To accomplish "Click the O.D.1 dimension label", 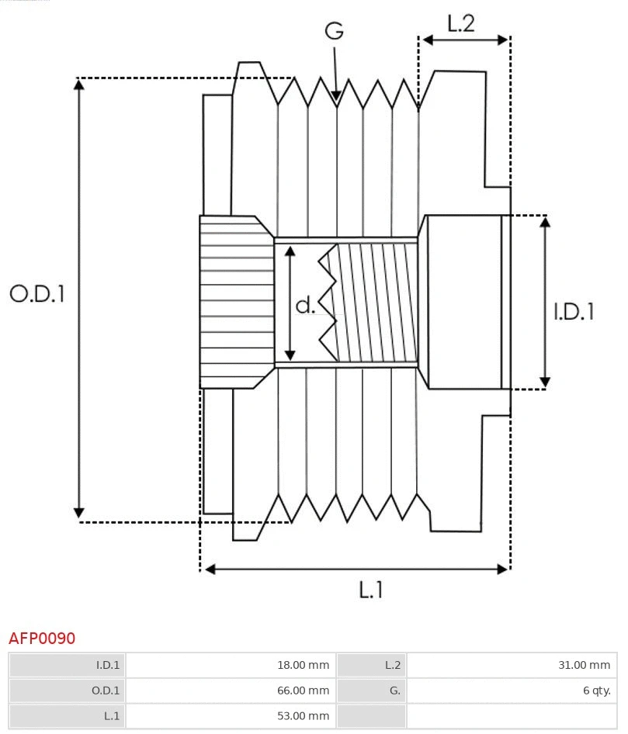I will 36,293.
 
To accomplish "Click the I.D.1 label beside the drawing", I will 574,311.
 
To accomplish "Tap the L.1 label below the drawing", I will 371,590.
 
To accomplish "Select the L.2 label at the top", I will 460,23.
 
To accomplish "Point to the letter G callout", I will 334,31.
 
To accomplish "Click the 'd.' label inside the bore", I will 306,305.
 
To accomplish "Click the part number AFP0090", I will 42,639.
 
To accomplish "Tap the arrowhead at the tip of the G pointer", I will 336,96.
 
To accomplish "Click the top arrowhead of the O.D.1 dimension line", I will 78,84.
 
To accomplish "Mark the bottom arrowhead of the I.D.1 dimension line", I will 545,382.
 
